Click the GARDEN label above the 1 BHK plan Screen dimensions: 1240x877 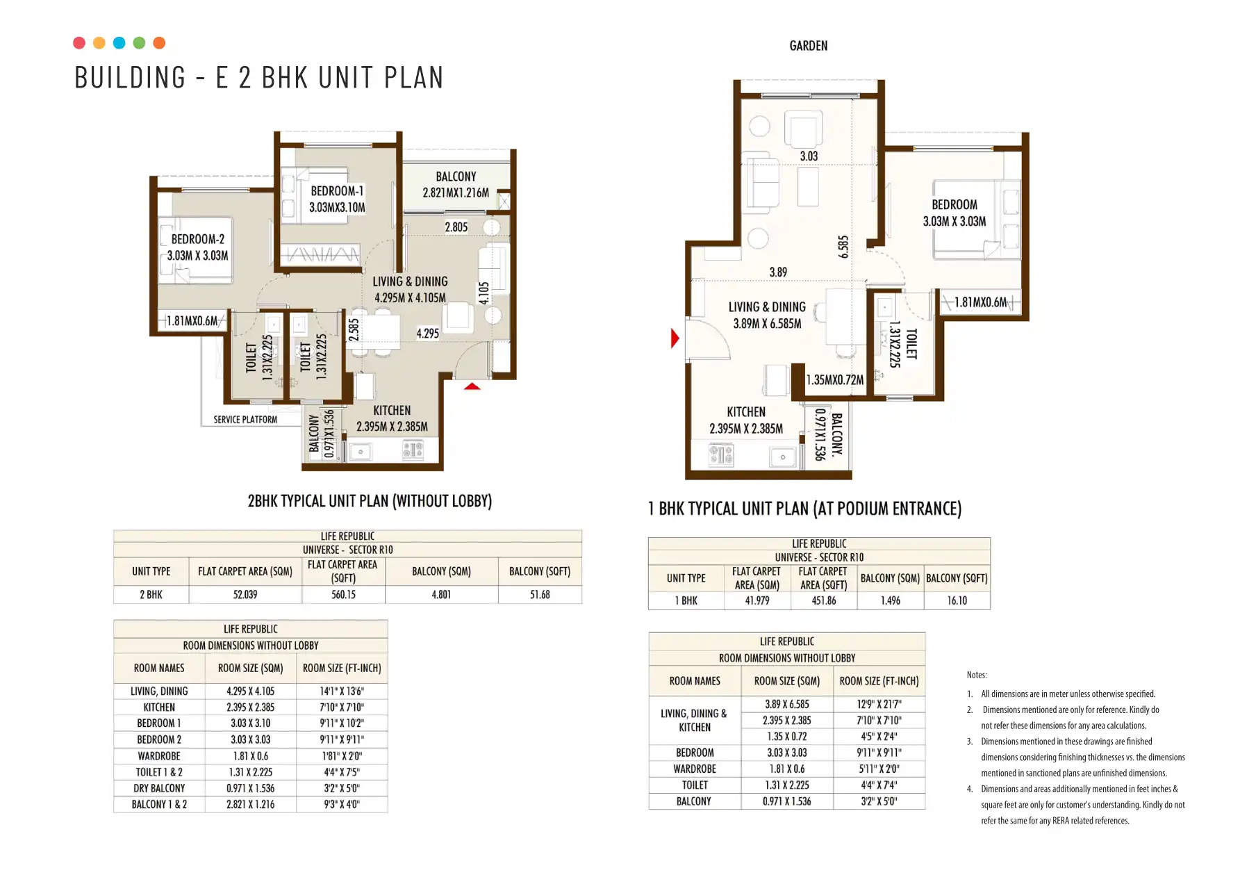pyautogui.click(x=809, y=46)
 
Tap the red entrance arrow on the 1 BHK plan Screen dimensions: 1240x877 pyautogui.click(x=675, y=338)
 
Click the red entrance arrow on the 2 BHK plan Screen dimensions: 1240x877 pyautogui.click(x=472, y=386)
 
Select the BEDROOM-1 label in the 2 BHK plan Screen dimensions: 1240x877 pyautogui.click(x=337, y=191)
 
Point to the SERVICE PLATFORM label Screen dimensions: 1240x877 pyautogui.click(x=245, y=420)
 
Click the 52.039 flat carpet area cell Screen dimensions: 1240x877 pyautogui.click(x=245, y=595)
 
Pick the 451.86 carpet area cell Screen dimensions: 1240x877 pyautogui.click(x=824, y=600)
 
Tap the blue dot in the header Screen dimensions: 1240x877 pyautogui.click(x=119, y=43)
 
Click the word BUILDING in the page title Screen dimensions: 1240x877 pyautogui.click(x=131, y=78)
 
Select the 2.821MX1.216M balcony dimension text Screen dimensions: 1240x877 pyautogui.click(x=456, y=193)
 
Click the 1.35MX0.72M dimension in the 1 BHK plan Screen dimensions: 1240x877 pyautogui.click(x=835, y=380)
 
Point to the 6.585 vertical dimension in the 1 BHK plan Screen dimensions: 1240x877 pyautogui.click(x=843, y=247)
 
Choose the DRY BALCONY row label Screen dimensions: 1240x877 pyautogui.click(x=159, y=789)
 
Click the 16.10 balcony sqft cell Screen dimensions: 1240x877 pyautogui.click(x=957, y=600)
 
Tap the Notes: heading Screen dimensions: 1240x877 pyautogui.click(x=977, y=675)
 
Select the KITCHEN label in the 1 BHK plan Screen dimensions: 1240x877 pyautogui.click(x=746, y=412)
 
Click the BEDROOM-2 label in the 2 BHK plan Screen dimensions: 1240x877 pyautogui.click(x=198, y=239)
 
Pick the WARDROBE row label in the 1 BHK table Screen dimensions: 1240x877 pyautogui.click(x=695, y=769)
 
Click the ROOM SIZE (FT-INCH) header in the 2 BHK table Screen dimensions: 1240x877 pyautogui.click(x=342, y=669)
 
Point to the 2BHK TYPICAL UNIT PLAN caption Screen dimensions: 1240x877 pyautogui.click(x=370, y=501)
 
